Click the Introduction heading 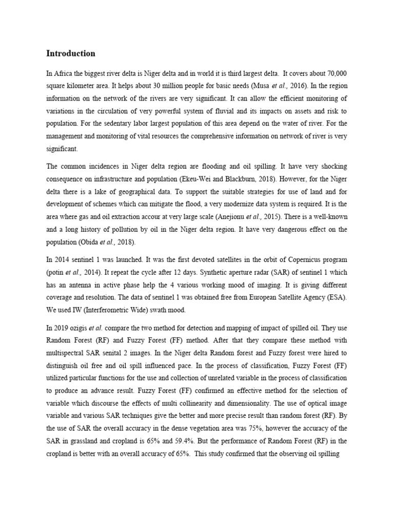(71, 53)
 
